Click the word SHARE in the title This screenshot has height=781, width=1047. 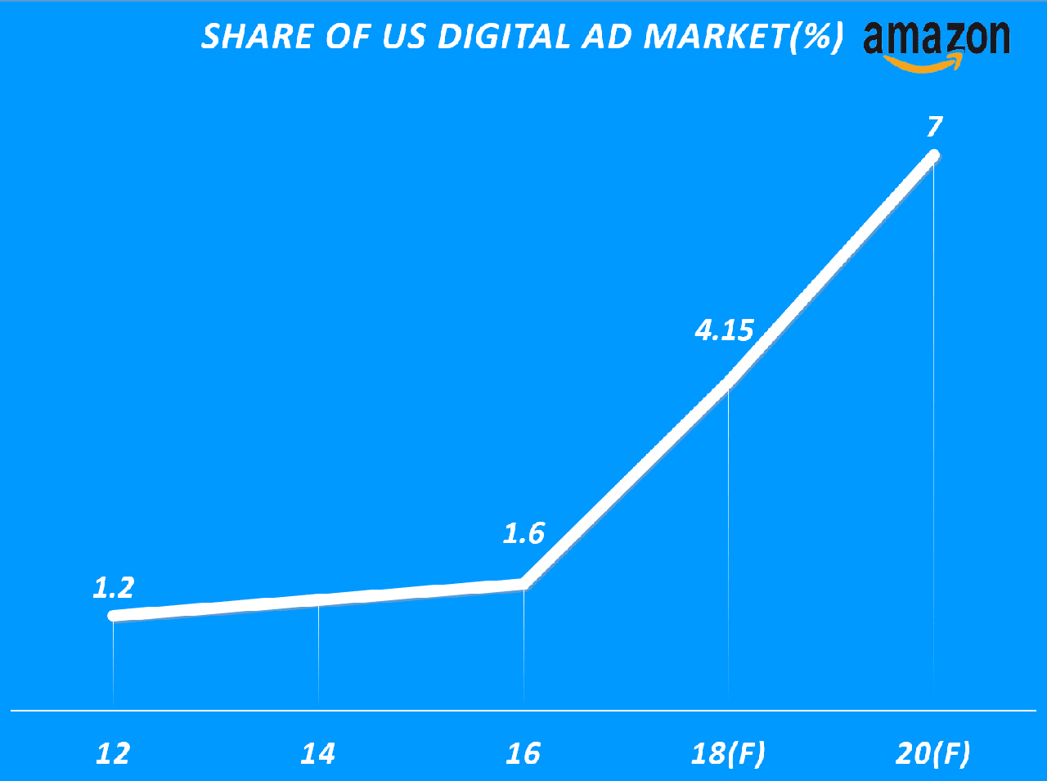click(246, 37)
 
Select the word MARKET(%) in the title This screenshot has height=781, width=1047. click(743, 37)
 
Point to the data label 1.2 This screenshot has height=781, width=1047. click(114, 587)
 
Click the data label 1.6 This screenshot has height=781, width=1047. click(523, 534)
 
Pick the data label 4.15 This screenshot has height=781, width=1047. click(724, 330)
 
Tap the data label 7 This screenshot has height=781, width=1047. click(934, 127)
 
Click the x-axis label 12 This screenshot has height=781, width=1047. click(113, 753)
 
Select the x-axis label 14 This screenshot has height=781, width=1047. click(318, 753)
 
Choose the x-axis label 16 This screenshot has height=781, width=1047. click(523, 753)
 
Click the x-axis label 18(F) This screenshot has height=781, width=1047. click(728, 753)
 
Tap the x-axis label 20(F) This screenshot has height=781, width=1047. click(933, 753)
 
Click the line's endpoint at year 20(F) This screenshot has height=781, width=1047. click(932, 156)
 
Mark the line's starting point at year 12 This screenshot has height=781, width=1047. click(115, 615)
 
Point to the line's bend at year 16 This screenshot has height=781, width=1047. click(523, 583)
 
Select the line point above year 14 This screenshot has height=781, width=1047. click(318, 599)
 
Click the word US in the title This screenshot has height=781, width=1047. click(403, 37)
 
